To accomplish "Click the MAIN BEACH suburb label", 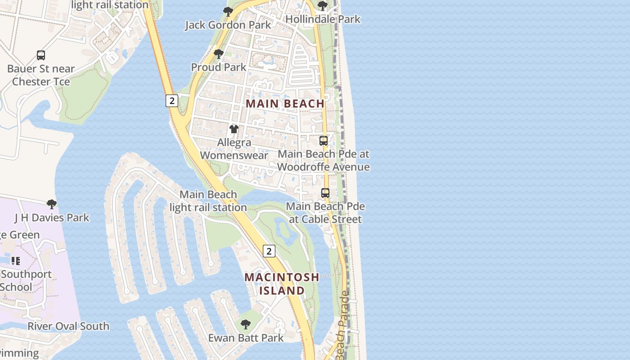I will point(285,103).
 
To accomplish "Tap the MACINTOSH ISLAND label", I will point(282,284).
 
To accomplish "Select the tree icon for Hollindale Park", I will point(323,6).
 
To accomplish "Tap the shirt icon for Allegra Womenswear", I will point(234,129).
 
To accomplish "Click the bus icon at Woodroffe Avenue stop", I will point(324,141).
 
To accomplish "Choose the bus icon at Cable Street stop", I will point(325,193).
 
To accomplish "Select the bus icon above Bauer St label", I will point(41,56).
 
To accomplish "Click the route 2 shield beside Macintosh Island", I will point(269,251).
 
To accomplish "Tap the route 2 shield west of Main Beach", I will point(171,101).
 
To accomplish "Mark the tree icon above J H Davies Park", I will point(52,204).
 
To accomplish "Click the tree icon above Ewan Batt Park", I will point(245,324).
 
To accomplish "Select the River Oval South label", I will point(68,326).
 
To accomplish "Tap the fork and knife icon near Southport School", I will point(16,261).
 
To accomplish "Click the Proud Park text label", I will point(219,67).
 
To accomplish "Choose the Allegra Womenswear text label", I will point(234,149).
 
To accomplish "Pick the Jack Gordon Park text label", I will point(228,25).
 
